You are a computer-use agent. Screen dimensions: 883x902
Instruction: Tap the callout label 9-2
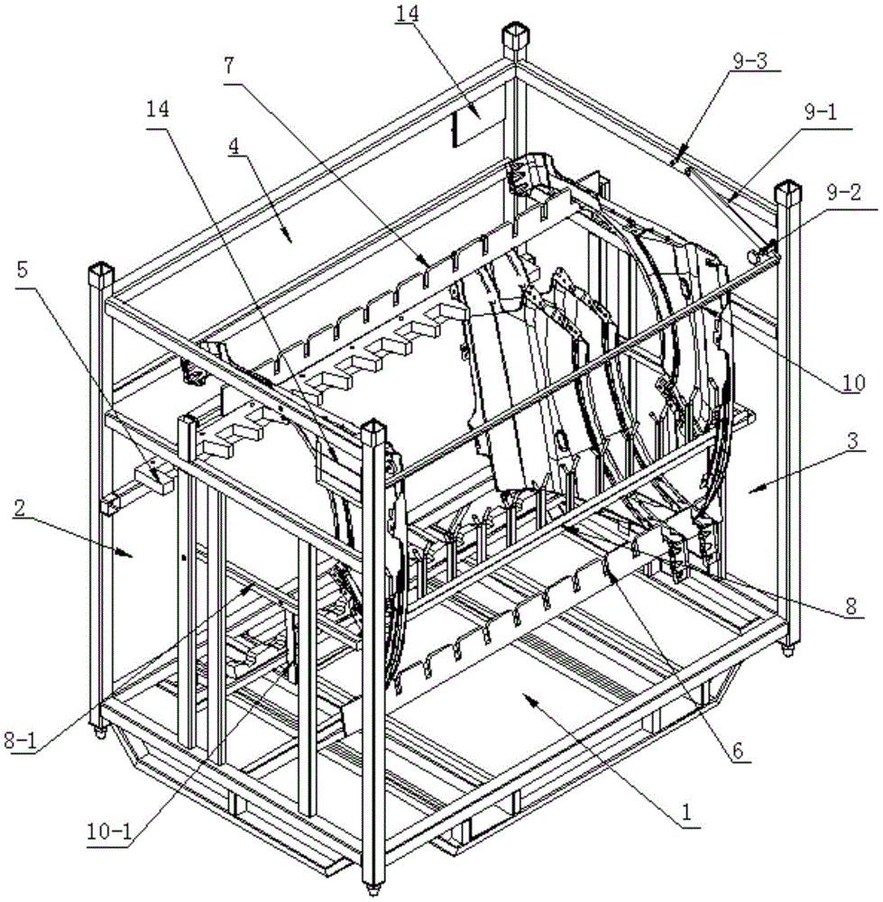click(844, 192)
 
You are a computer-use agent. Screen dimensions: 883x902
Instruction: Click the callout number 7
click(229, 66)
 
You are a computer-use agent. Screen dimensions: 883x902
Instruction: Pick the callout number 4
click(235, 146)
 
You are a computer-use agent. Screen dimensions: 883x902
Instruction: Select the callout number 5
click(22, 270)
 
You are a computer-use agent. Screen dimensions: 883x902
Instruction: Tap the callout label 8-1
click(20, 741)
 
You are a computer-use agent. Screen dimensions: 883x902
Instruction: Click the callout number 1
click(685, 813)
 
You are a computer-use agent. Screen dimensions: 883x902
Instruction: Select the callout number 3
click(853, 441)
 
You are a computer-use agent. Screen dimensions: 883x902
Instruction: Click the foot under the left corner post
click(101, 732)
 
